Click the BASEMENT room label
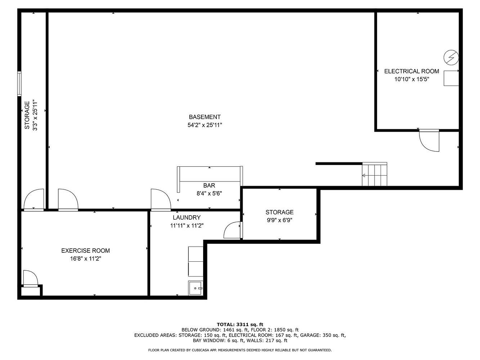[x=205, y=117]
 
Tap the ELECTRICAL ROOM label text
[x=412, y=71]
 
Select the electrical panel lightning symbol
[x=451, y=58]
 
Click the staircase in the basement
[x=374, y=174]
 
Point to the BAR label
[x=209, y=185]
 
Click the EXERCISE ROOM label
[x=85, y=251]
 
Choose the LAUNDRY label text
[x=187, y=217]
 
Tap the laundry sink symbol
[x=195, y=288]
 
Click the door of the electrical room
[x=429, y=140]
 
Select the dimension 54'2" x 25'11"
[x=205, y=125]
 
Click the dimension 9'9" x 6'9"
[x=279, y=220]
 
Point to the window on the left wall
[x=19, y=84]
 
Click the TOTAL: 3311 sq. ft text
[x=240, y=325]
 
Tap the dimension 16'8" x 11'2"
[x=85, y=258]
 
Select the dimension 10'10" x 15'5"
[x=412, y=79]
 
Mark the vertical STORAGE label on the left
[x=27, y=115]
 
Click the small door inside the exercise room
[x=31, y=279]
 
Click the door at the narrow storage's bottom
[x=34, y=200]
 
